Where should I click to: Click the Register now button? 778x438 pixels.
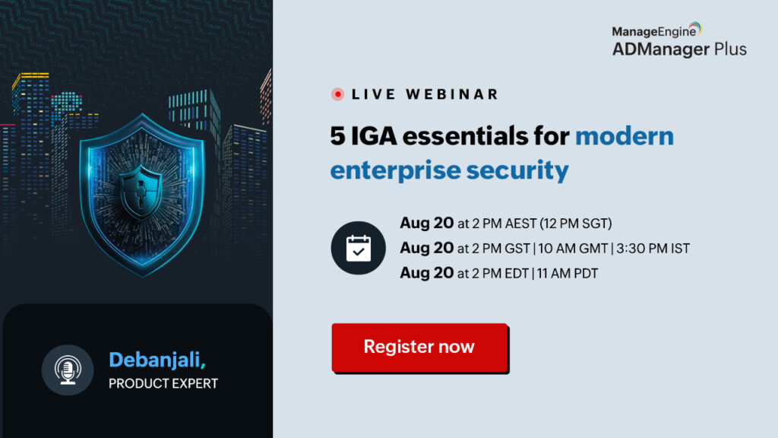coord(419,347)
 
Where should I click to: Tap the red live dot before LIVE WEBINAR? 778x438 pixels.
coord(337,94)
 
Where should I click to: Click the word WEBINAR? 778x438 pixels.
coord(452,94)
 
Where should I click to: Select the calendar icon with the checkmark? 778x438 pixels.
coord(359,248)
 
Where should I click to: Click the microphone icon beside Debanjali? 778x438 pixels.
coord(68,370)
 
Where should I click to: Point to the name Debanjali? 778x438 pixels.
coord(155,360)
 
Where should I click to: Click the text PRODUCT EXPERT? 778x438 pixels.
coord(163,383)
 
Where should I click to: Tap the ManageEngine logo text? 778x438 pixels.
coord(654,31)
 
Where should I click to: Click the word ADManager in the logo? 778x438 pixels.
coord(661,49)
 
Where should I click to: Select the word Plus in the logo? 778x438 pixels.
coord(730,49)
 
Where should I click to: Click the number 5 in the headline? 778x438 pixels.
coord(337,135)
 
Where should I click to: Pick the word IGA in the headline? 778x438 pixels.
coord(374,135)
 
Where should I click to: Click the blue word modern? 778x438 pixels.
coord(625,135)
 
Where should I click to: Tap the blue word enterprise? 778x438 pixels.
coord(395,171)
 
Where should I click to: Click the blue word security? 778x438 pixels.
coord(517,171)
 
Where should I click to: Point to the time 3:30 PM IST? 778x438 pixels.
coord(653,249)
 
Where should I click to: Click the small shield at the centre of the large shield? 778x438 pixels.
coord(141,192)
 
